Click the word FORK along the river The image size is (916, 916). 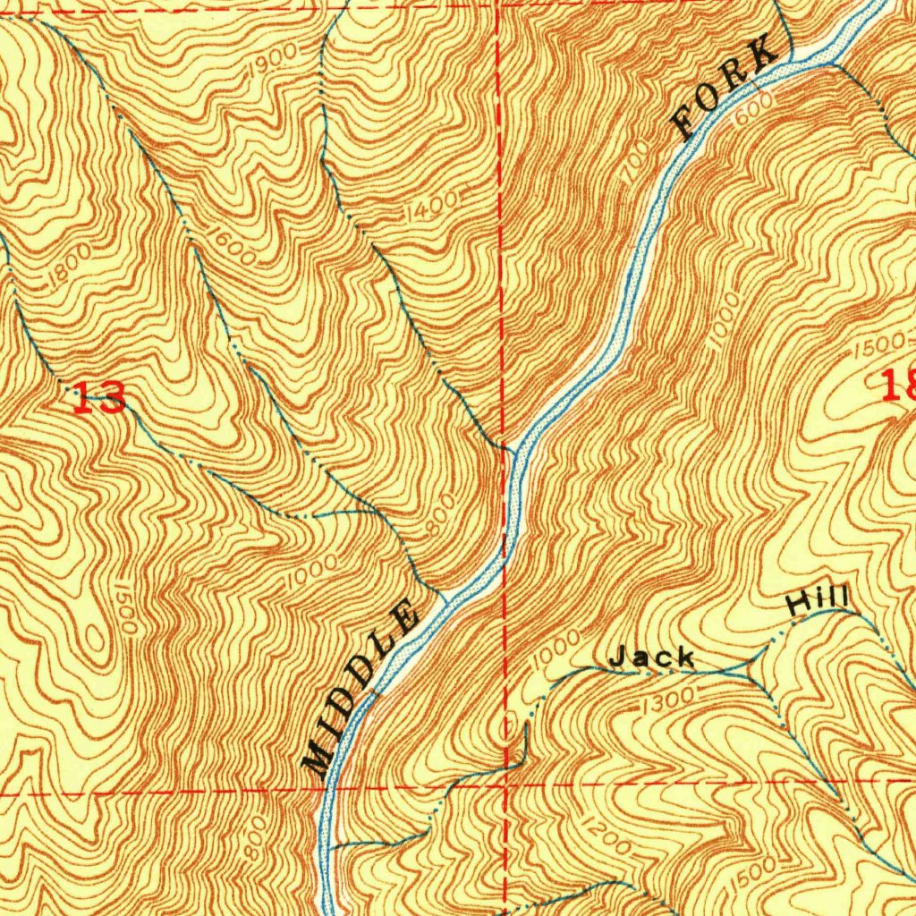click(x=725, y=87)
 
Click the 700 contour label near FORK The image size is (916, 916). click(x=636, y=165)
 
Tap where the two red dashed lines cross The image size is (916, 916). click(x=505, y=785)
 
